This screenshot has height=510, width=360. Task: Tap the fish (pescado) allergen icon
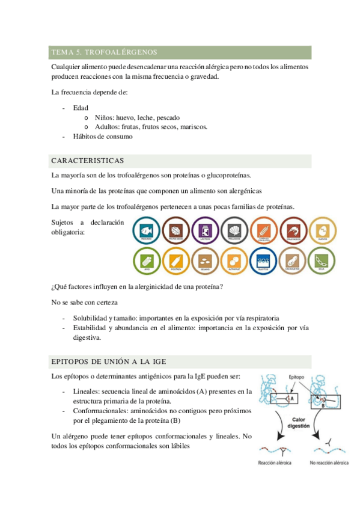(145, 229)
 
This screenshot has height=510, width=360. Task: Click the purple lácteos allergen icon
(205, 229)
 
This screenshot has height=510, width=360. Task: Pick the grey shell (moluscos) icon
(234, 229)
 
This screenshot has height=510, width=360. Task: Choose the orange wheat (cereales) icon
(264, 229)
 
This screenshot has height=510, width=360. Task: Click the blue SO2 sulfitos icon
(264, 260)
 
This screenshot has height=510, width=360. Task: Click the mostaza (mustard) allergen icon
(175, 260)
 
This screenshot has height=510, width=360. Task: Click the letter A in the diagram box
(291, 398)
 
